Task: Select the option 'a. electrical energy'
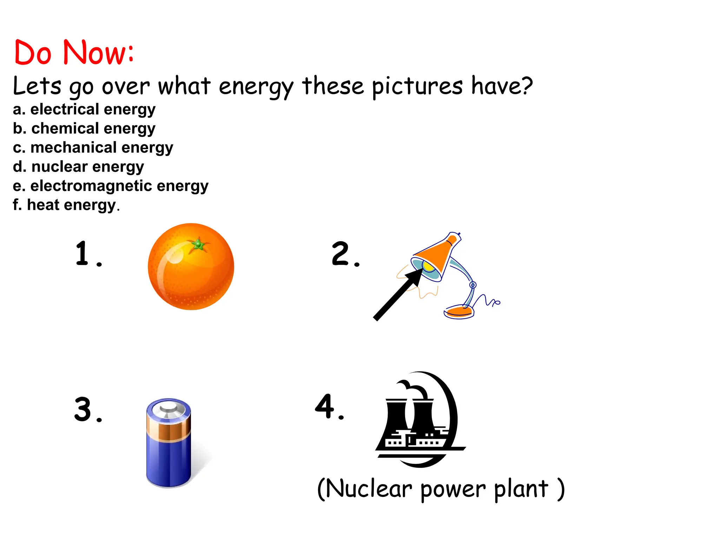[x=84, y=109]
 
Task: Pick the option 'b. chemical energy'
[x=84, y=129]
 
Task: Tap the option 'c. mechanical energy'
[x=93, y=148]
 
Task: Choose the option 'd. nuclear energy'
[x=78, y=167]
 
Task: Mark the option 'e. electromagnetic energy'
[x=110, y=186]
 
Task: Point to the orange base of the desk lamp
[x=458, y=311]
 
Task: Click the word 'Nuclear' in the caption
[x=369, y=488]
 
